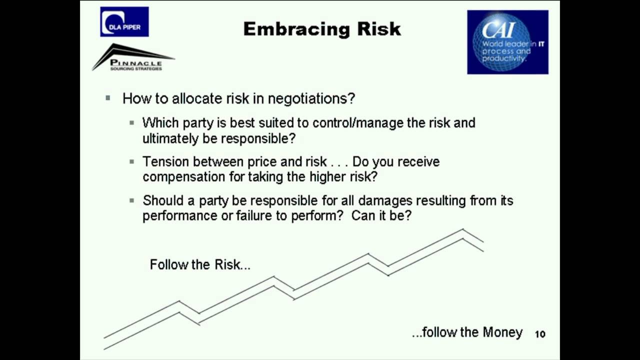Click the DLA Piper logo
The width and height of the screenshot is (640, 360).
click(x=124, y=21)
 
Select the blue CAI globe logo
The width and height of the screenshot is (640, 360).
click(x=507, y=42)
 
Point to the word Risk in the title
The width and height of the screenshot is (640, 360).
click(x=379, y=29)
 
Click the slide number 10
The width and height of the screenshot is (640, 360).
click(x=540, y=334)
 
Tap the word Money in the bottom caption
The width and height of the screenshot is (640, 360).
click(x=502, y=332)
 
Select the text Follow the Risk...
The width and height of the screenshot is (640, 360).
click(x=200, y=264)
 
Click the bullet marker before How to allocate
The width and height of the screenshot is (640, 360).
click(x=108, y=98)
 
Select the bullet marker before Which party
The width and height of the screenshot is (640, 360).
click(x=132, y=122)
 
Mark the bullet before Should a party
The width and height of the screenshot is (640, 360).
click(x=132, y=200)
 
